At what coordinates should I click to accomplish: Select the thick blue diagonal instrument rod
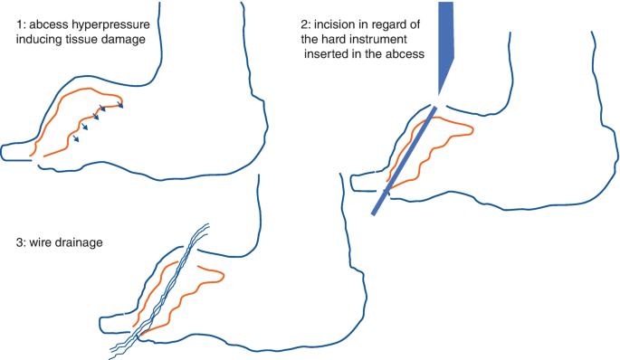403,163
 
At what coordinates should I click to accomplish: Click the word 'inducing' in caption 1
39,41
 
